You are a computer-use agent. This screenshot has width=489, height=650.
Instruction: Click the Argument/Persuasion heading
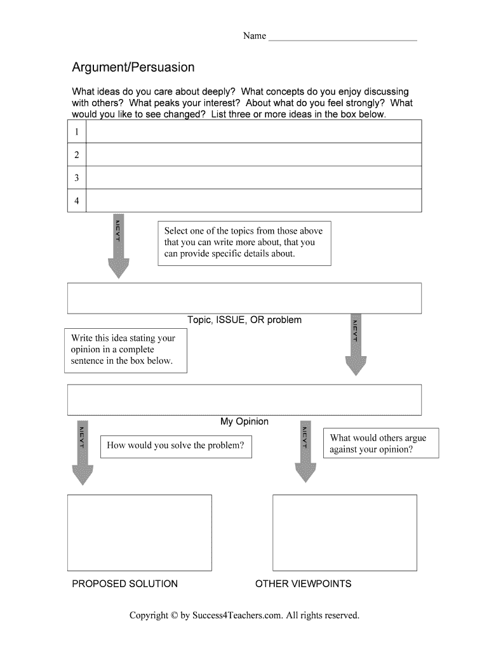tap(133, 67)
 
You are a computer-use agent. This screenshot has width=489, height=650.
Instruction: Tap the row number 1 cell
tap(77, 132)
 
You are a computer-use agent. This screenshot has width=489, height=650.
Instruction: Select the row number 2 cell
tap(77, 155)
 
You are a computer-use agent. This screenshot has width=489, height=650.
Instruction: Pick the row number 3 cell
tap(77, 178)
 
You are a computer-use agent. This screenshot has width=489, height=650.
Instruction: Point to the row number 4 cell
tap(77, 201)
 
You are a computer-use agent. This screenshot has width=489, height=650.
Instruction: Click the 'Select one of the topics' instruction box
tap(245, 242)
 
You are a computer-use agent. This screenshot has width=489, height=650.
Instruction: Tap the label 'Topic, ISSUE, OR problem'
tap(245, 320)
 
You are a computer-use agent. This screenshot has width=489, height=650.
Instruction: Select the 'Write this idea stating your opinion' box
tap(126, 350)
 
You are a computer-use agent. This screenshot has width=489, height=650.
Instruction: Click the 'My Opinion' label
tap(245, 421)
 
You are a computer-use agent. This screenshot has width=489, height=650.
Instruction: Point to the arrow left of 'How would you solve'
tap(83, 453)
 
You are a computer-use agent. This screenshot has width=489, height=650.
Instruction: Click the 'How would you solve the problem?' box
tap(176, 446)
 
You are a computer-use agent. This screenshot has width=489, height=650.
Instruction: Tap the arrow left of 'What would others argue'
tap(305, 453)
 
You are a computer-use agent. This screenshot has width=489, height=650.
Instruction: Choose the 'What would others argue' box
tap(381, 444)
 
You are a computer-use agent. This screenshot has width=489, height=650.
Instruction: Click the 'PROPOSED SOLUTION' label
tap(125, 583)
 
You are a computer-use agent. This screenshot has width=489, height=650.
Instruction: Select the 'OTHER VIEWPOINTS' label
tap(303, 583)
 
